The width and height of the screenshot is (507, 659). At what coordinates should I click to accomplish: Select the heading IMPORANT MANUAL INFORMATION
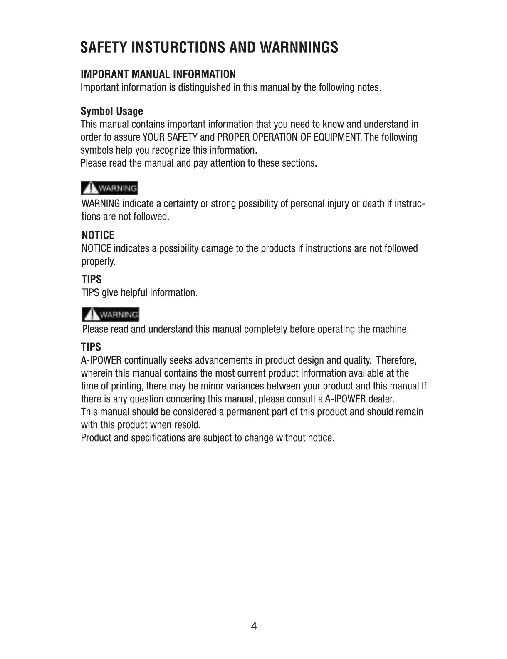(158, 75)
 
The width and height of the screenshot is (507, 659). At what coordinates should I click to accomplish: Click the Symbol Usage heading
(111, 111)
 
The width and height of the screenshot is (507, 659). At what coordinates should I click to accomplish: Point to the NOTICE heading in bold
(98, 235)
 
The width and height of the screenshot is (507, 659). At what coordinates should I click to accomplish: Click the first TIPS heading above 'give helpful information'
(92, 280)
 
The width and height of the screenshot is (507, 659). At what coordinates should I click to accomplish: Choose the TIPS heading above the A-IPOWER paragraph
(91, 347)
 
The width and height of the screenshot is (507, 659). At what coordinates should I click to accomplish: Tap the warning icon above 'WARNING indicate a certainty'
(110, 189)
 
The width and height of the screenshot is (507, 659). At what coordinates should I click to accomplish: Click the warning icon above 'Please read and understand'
(111, 315)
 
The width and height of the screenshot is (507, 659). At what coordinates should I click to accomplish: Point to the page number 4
(254, 626)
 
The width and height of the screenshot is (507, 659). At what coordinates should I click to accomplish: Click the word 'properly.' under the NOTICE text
(99, 262)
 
